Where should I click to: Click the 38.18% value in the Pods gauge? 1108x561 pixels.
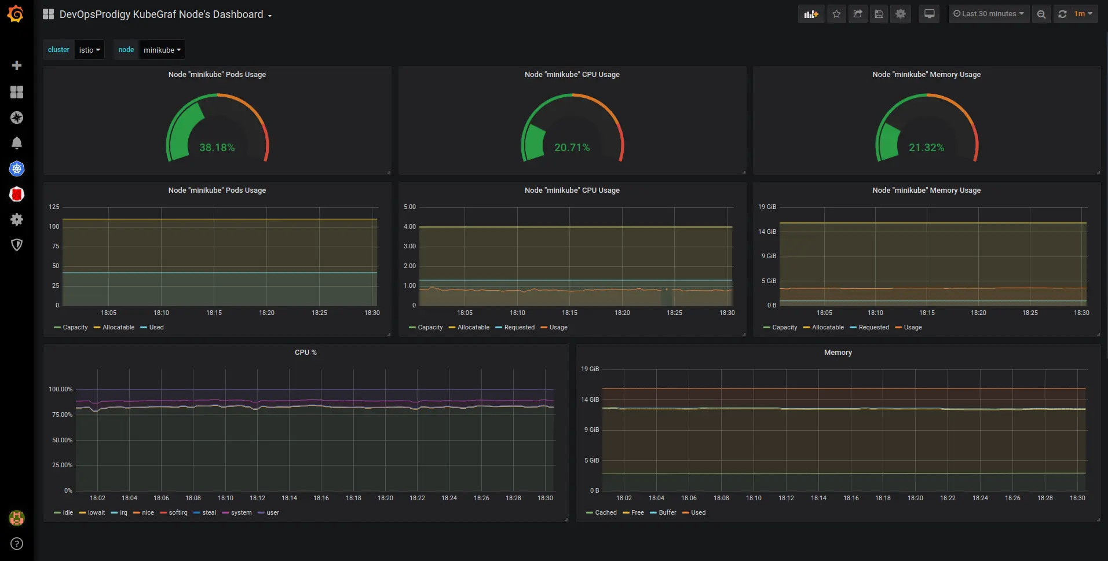pos(217,148)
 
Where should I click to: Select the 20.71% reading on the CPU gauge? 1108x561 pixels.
pos(572,148)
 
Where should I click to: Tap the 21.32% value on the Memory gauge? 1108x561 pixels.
pos(926,148)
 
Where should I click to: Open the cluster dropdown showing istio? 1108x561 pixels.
pos(89,50)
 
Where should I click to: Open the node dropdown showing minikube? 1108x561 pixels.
pos(162,50)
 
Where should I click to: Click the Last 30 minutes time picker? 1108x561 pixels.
pos(989,14)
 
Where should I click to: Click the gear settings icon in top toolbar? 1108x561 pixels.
pos(900,14)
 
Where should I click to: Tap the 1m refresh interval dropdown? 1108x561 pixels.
pos(1083,14)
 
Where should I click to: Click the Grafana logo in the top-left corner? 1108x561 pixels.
pos(16,13)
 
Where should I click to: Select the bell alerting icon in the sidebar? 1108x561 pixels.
pos(17,142)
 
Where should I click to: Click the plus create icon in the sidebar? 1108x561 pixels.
pos(17,65)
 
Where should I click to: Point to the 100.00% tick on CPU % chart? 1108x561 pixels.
pos(61,389)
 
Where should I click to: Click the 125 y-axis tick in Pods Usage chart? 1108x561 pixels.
pos(54,207)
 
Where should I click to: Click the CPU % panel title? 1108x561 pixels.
pos(305,352)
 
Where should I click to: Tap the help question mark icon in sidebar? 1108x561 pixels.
pos(17,544)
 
